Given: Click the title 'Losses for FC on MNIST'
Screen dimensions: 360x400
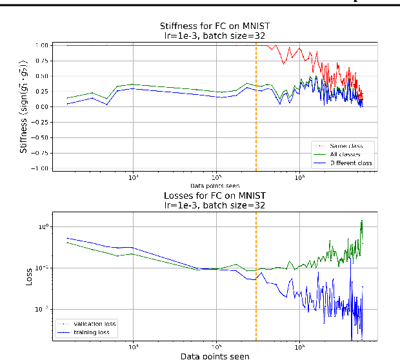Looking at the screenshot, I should (213, 196).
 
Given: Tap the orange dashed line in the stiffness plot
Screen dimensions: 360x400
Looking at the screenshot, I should (256, 129).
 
